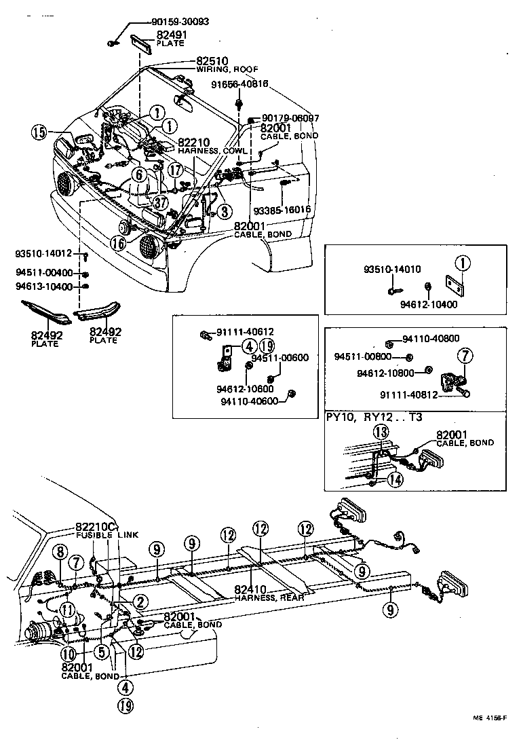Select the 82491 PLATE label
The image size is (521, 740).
[170, 38]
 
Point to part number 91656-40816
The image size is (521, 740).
[239, 84]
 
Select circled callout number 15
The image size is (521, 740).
[39, 132]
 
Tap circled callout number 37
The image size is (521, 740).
[160, 202]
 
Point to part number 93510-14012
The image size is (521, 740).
[43, 253]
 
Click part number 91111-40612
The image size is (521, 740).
[244, 332]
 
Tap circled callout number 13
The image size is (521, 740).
[381, 433]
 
